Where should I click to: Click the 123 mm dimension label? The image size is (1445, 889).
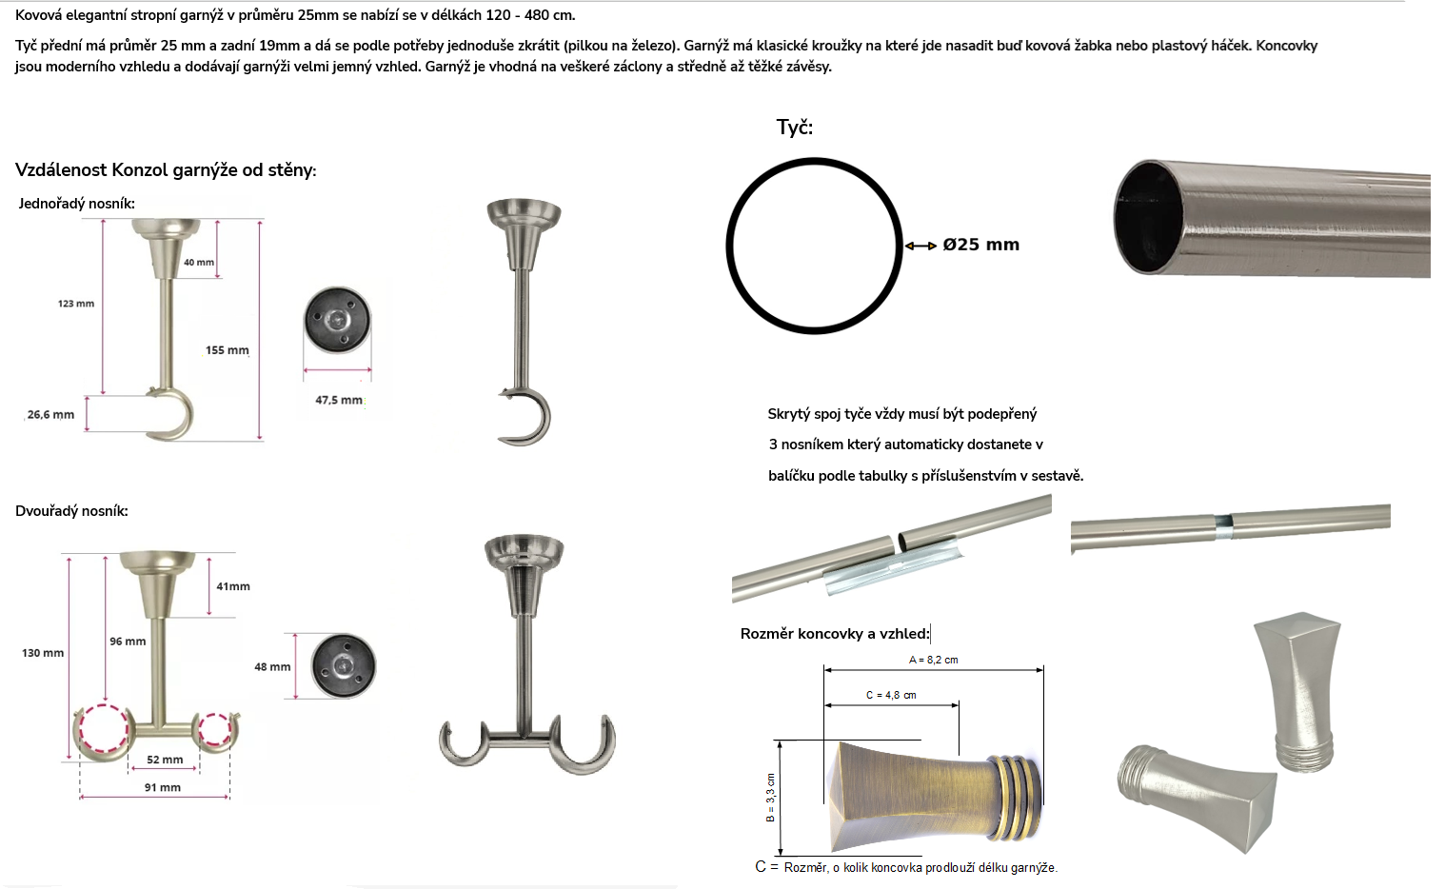[x=76, y=304]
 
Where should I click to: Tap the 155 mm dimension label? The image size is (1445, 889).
[x=228, y=350]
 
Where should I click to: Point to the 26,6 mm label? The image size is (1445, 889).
[x=51, y=415]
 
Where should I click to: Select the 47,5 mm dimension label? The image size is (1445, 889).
[x=339, y=400]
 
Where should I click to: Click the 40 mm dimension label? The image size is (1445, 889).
[x=199, y=262]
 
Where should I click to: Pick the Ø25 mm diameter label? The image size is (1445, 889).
[x=981, y=245]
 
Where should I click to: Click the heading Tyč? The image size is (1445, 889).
[x=795, y=128]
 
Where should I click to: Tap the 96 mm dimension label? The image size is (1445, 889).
[x=128, y=642]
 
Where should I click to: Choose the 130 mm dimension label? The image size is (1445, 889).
[x=43, y=653]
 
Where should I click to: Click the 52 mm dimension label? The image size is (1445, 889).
[x=165, y=760]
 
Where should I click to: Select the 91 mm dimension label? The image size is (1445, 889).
[x=163, y=787]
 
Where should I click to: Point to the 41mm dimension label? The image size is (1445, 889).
[x=233, y=586]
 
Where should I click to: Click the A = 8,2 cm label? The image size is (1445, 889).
[x=934, y=660]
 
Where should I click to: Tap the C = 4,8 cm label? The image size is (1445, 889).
[x=891, y=695]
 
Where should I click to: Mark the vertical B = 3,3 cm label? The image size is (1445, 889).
[x=770, y=798]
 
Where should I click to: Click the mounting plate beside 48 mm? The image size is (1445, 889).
[x=344, y=665]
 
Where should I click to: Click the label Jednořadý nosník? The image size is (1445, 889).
[x=77, y=204]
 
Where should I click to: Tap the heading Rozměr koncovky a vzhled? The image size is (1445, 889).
[x=835, y=634]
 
